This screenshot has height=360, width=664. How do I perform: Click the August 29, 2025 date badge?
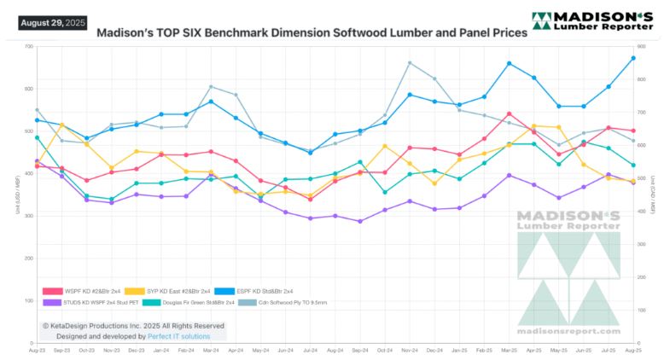click(x=52, y=22)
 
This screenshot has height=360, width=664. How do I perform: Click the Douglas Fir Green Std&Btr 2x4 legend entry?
click(x=187, y=302)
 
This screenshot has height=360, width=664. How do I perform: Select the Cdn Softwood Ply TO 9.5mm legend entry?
click(x=291, y=302)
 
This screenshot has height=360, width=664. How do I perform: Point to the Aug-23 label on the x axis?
click(x=38, y=351)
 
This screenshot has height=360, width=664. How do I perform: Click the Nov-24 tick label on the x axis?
click(x=410, y=351)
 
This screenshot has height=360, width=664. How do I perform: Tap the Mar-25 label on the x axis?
click(x=509, y=351)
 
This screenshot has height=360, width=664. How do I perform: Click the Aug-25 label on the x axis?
click(x=633, y=351)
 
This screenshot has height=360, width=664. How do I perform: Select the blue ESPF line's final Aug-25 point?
click(x=633, y=58)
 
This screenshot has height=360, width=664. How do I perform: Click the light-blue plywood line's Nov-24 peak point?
click(x=410, y=62)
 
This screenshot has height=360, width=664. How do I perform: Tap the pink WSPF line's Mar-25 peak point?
click(x=509, y=113)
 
